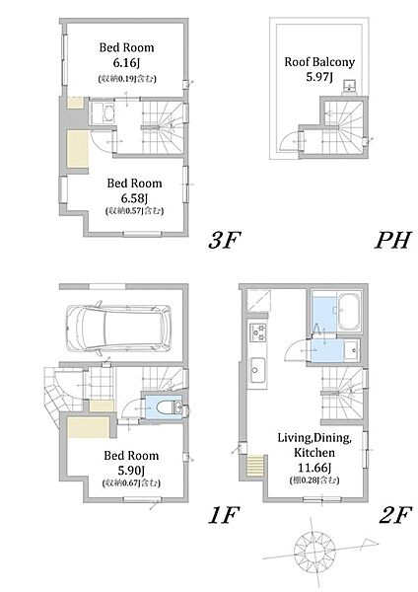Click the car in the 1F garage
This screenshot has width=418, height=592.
coord(118,328)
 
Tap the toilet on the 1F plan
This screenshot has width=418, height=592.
coord(169,407)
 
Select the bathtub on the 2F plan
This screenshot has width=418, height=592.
coord(349,312)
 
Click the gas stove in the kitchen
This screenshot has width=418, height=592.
coord(258,333)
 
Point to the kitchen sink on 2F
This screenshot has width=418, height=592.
coord(258,370)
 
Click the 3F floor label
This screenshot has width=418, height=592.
coord(225,240)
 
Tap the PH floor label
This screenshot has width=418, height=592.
coord(392,240)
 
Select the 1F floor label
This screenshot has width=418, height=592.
coord(225,515)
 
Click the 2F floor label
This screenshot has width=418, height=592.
coord(394,515)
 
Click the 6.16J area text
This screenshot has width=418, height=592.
coord(126,63)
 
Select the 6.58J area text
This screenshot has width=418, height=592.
coord(134,198)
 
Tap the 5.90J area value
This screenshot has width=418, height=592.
coord(131,470)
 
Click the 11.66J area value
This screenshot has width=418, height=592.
coord(314,468)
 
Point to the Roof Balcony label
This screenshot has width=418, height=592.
coord(319,62)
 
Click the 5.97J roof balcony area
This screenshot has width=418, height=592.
coord(319,77)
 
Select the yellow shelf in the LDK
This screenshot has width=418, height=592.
coord(254,465)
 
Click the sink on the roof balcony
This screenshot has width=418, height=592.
coord(350,86)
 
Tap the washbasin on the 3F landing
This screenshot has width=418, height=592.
coord(103,112)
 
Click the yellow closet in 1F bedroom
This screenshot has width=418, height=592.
coord(89,427)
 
